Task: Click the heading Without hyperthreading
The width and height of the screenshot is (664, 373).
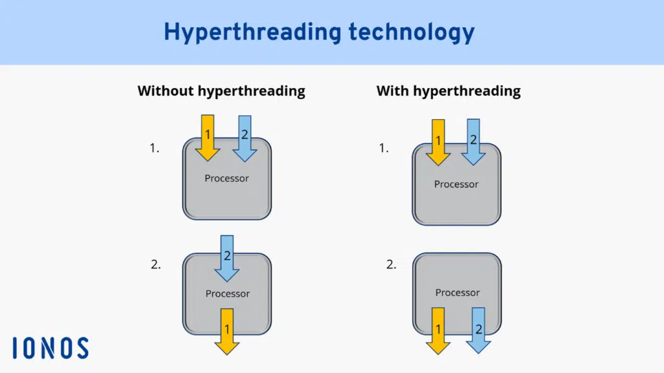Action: point(221,91)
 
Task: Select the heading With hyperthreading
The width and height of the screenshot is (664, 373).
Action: point(448,91)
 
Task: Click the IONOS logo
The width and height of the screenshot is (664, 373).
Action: point(50,348)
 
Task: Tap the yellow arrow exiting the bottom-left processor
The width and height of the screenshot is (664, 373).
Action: point(227,331)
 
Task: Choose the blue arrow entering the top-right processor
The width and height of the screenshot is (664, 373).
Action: point(473,141)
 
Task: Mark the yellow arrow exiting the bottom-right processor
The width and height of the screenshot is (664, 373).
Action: point(438,330)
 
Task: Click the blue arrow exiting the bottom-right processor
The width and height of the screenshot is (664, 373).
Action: point(479,330)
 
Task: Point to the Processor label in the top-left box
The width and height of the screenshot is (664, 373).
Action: point(227,178)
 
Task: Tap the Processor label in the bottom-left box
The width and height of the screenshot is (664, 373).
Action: point(228,293)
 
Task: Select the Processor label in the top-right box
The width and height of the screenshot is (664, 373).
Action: point(456,184)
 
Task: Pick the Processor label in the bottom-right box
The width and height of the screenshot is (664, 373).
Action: point(457,292)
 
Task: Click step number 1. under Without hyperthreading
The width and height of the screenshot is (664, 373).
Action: point(154,148)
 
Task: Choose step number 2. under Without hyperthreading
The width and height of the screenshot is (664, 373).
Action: point(156,264)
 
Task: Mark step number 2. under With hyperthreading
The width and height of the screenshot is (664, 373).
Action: point(391,264)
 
